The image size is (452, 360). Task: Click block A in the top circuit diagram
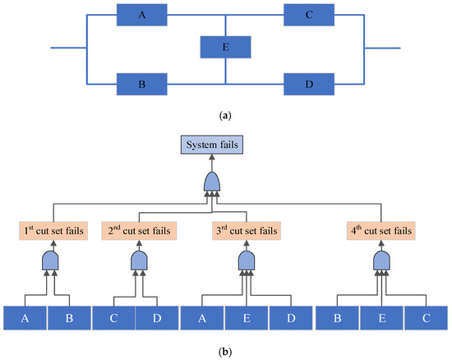pos(141,14)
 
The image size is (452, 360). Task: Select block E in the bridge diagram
pos(225,48)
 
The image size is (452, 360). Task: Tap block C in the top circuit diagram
pos(308,14)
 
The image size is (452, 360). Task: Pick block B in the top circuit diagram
pos(141,84)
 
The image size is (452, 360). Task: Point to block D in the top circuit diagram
pos(308,84)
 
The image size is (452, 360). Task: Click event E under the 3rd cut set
pos(247,316)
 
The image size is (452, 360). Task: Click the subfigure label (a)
pos(225,117)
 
